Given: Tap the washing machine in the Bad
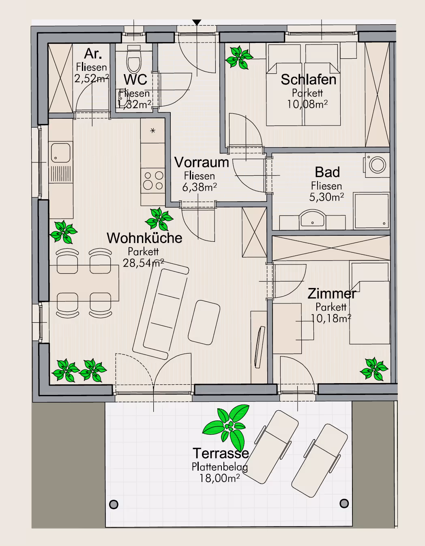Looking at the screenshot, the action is click(x=376, y=165).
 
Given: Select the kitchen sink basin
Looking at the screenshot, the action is click(x=60, y=153).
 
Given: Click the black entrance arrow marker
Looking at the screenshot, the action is click(x=197, y=23).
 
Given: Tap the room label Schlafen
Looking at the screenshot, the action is click(x=309, y=79).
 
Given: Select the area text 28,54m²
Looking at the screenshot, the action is click(x=143, y=263).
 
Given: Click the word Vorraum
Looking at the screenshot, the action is click(x=202, y=162).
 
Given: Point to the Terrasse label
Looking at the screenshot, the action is click(x=221, y=453).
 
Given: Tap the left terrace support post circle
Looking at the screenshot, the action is click(x=114, y=503).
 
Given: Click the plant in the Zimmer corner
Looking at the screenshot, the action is click(x=374, y=369).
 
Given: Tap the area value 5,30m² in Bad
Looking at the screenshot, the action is click(x=326, y=197).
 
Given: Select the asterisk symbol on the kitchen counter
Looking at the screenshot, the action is click(x=152, y=131).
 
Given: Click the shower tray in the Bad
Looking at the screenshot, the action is click(x=371, y=211).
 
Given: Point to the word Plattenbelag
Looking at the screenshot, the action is click(x=220, y=467).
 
